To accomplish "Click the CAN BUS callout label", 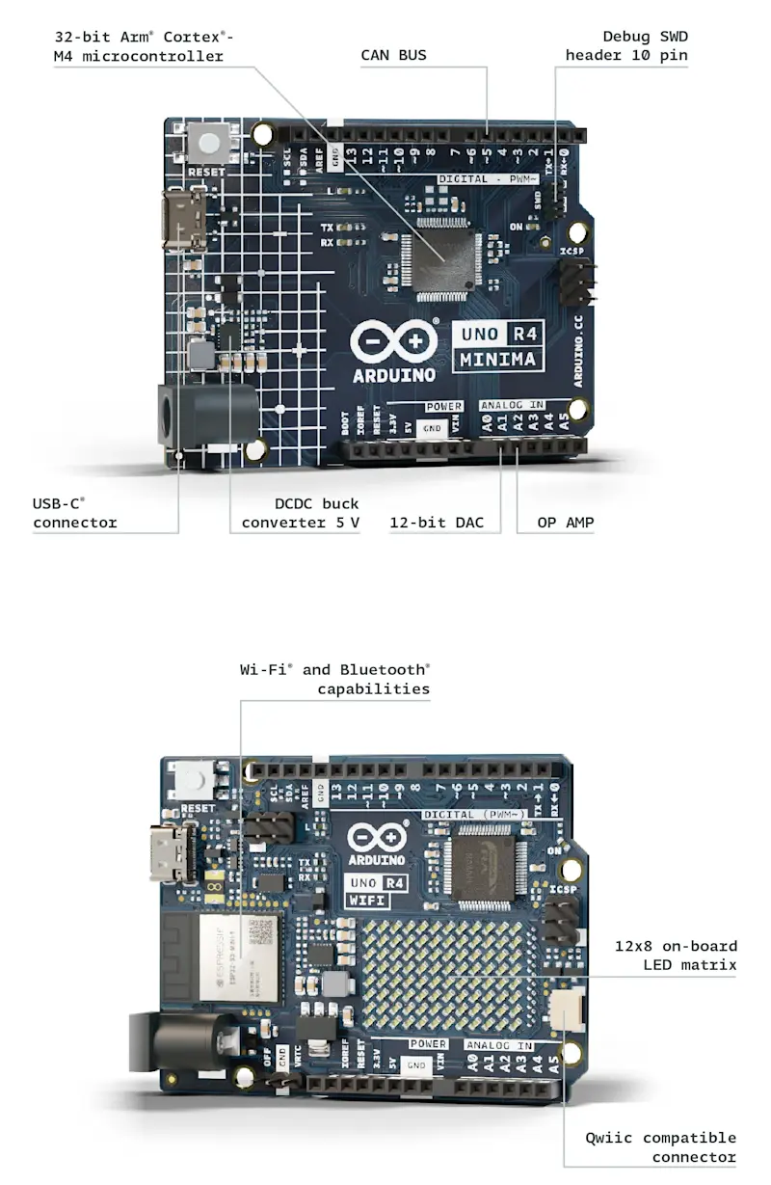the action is pos(393,55).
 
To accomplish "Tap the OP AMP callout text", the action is pos(565,523).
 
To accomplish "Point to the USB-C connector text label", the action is pos(75,512).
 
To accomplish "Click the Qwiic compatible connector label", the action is pos(660,1147).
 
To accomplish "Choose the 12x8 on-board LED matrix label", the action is pos(676,956).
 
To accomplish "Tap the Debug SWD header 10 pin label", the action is pos(626,45).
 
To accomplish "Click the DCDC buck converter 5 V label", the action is pos(300,512).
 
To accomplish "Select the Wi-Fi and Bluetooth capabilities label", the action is pos(334,679).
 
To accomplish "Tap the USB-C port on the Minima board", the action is pos(183,220).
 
